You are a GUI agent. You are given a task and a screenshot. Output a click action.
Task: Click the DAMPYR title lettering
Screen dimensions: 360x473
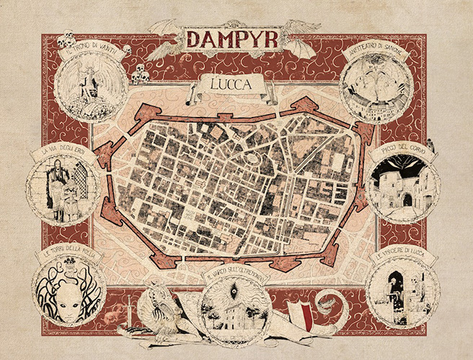click(233, 38)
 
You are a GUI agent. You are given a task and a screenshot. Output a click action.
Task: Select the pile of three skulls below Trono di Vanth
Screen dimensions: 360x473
click(140, 74)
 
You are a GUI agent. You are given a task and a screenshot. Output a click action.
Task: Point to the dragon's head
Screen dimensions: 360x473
click(163, 296)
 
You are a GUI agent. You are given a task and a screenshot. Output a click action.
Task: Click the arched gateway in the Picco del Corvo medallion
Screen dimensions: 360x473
click(407, 198)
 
